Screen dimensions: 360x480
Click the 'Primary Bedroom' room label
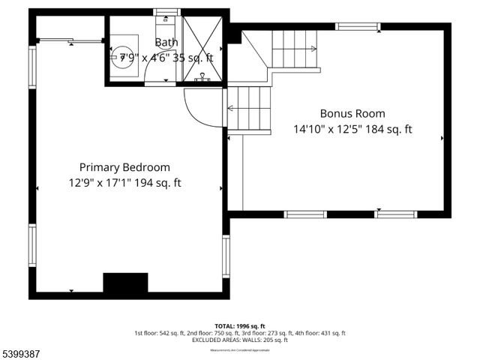tap(124, 167)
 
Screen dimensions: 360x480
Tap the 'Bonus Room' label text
tap(352, 114)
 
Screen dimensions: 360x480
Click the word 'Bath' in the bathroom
tap(166, 42)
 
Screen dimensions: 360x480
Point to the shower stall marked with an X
tap(202, 48)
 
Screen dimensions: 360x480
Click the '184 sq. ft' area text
tap(388, 129)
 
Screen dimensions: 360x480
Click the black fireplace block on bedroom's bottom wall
tap(125, 283)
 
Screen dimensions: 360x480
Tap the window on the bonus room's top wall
tap(358, 27)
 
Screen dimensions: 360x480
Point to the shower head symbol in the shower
tap(202, 76)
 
